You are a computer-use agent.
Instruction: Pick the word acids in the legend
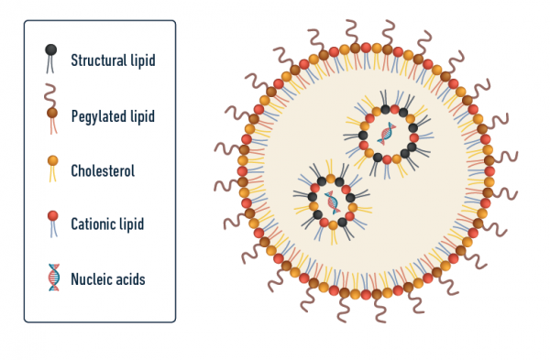(132, 278)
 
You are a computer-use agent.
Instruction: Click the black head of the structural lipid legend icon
(51, 49)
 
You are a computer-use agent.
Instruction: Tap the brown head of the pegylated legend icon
(52, 113)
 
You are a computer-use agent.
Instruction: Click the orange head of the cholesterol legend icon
(52, 162)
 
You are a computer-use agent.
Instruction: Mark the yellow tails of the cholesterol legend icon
(52, 177)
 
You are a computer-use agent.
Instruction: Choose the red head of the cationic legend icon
(52, 216)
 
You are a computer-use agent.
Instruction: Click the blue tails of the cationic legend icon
(52, 232)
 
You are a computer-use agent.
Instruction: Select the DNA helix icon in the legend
(53, 278)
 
